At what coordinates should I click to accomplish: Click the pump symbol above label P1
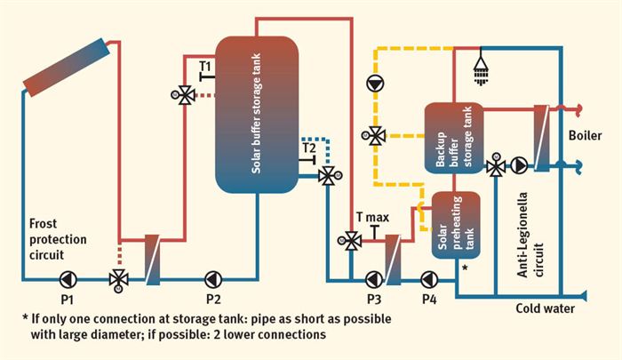(x=68, y=279)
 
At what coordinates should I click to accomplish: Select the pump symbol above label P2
(x=213, y=279)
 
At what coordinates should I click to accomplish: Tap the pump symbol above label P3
(x=373, y=279)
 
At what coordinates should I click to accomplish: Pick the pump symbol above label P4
(x=429, y=279)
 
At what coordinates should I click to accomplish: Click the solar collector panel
(x=67, y=67)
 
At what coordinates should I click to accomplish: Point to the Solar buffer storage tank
(x=257, y=115)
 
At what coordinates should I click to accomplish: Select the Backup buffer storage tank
(x=454, y=138)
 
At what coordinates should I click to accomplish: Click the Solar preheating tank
(x=456, y=225)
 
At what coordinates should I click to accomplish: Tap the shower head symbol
(x=481, y=71)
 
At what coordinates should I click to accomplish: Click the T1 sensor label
(x=205, y=66)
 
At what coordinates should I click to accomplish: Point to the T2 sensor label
(x=309, y=148)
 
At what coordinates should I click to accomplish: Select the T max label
(x=372, y=217)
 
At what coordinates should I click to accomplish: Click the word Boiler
(x=585, y=135)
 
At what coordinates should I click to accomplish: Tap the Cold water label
(x=545, y=308)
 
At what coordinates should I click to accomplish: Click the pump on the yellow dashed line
(x=375, y=84)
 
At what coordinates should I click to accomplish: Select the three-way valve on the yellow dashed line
(x=374, y=136)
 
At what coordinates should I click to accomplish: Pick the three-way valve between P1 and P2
(x=118, y=280)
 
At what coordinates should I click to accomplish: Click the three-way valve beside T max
(x=350, y=241)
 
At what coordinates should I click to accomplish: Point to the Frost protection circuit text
(x=58, y=239)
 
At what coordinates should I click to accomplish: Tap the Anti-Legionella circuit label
(x=530, y=234)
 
